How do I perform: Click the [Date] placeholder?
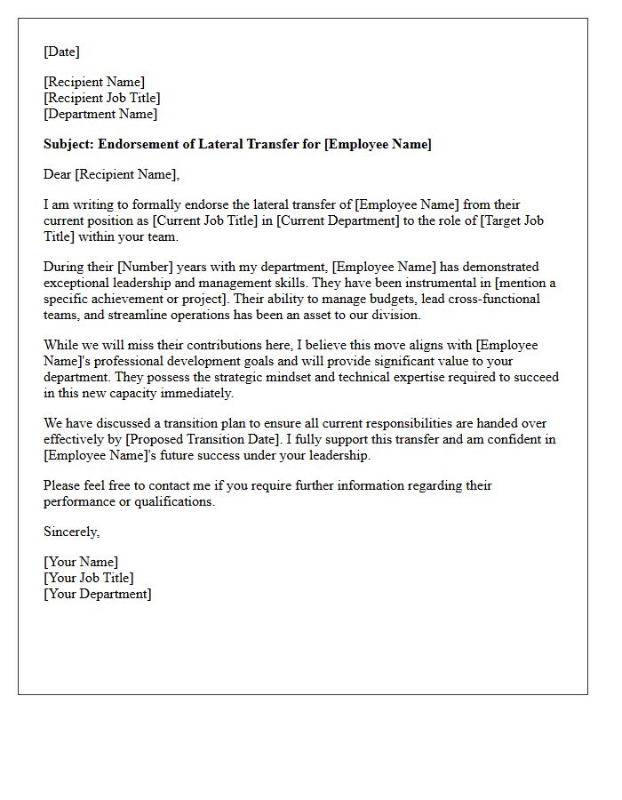[61, 52]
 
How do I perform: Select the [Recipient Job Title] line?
[102, 99]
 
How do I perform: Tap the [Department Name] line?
[100, 115]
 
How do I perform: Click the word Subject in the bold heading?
[68, 145]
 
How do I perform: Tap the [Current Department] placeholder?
[338, 221]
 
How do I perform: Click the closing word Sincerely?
[72, 532]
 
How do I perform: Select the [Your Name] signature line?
[81, 563]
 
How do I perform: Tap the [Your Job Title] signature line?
[89, 579]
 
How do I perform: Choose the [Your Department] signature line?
[98, 595]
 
